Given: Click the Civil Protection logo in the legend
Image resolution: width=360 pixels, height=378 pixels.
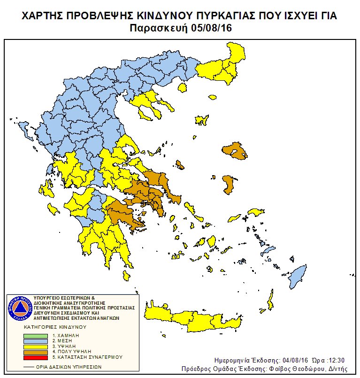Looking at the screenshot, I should click(x=19, y=308).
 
